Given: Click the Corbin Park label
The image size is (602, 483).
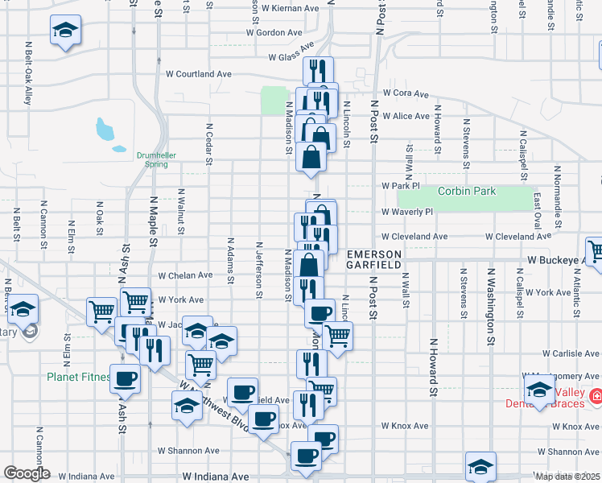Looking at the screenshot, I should pyautogui.click(x=467, y=192).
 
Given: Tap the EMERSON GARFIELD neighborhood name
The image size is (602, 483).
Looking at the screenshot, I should pyautogui.click(x=373, y=259).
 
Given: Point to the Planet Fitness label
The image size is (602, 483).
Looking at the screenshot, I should pyautogui.click(x=78, y=377).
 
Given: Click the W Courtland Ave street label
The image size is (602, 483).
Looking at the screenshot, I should pyautogui.click(x=199, y=74).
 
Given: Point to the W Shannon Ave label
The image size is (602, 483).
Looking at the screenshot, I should pyautogui.click(x=188, y=451).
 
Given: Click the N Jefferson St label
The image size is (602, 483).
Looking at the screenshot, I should pyautogui.click(x=259, y=269).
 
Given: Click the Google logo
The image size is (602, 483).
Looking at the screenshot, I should pyautogui.click(x=27, y=473).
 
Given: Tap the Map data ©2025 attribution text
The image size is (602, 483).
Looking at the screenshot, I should pyautogui.click(x=568, y=477).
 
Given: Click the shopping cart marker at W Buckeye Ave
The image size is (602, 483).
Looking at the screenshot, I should pyautogui.click(x=596, y=250).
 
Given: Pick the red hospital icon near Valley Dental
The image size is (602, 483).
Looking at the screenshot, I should pyautogui.click(x=596, y=396).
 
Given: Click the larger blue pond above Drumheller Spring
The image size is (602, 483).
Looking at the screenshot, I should pyautogui.click(x=105, y=128).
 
